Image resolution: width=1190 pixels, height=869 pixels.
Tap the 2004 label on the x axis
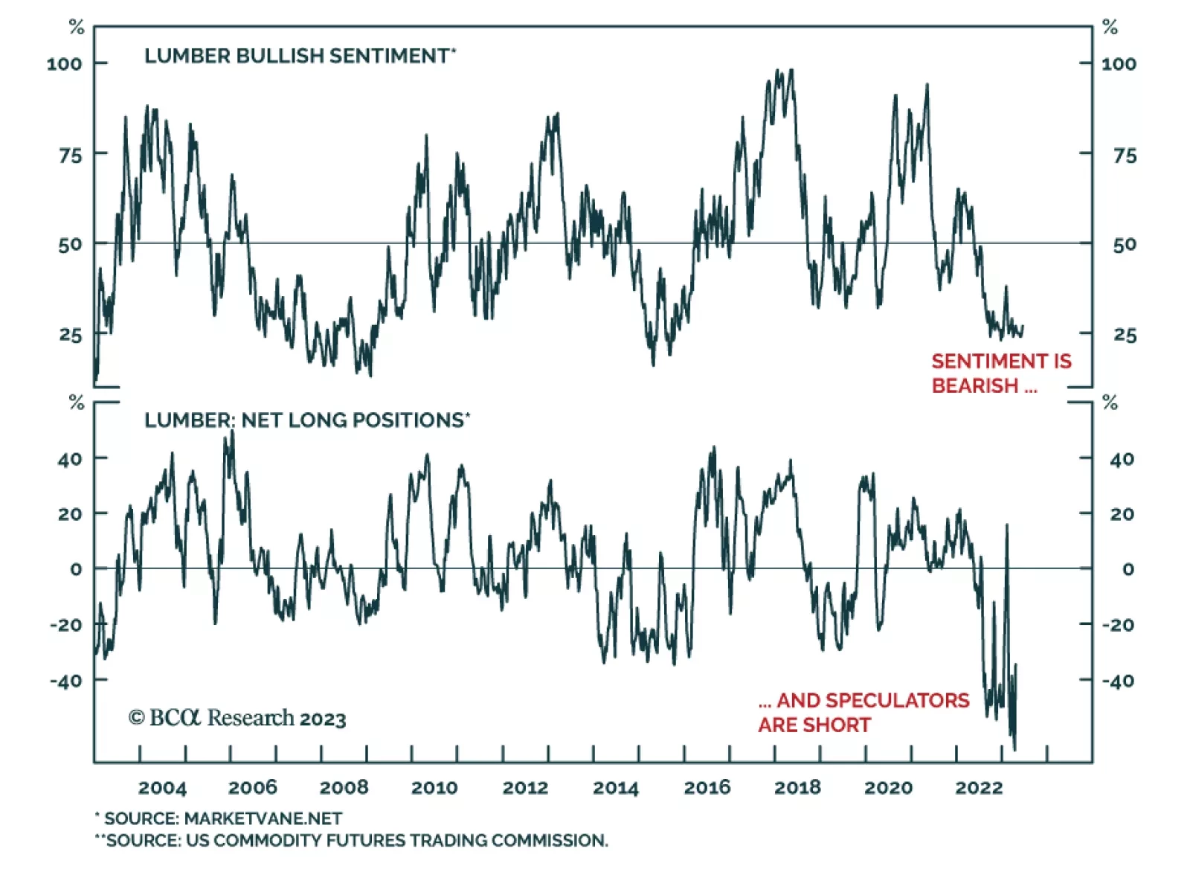pyautogui.click(x=162, y=788)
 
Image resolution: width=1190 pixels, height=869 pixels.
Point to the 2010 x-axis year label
pyautogui.click(x=434, y=788)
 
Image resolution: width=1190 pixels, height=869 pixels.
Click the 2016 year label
pyautogui.click(x=707, y=788)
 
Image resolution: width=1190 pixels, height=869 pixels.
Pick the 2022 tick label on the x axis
pyautogui.click(x=979, y=788)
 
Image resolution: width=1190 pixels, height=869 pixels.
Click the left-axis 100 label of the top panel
pyautogui.click(x=64, y=64)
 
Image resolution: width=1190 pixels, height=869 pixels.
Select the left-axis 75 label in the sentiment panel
pyautogui.click(x=71, y=155)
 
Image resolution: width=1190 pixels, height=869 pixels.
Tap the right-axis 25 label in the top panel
pyautogui.click(x=1125, y=336)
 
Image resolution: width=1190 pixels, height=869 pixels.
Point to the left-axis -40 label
pyautogui.click(x=66, y=681)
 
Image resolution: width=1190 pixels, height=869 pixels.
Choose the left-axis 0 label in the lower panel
pyautogui.click(x=76, y=569)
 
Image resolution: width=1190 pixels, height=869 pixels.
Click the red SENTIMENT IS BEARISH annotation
pyautogui.click(x=1001, y=373)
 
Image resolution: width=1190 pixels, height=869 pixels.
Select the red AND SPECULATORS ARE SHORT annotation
pyautogui.click(x=863, y=713)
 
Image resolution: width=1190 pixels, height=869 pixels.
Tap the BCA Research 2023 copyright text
pyautogui.click(x=237, y=718)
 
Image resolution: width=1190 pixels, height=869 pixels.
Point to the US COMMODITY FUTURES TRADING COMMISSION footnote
pyautogui.click(x=351, y=841)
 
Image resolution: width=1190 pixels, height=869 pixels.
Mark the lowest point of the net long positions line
pyautogui.click(x=1014, y=749)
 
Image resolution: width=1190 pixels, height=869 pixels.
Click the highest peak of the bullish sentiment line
pyautogui.click(x=791, y=70)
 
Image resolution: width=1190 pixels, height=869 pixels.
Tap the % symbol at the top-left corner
pyautogui.click(x=76, y=28)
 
